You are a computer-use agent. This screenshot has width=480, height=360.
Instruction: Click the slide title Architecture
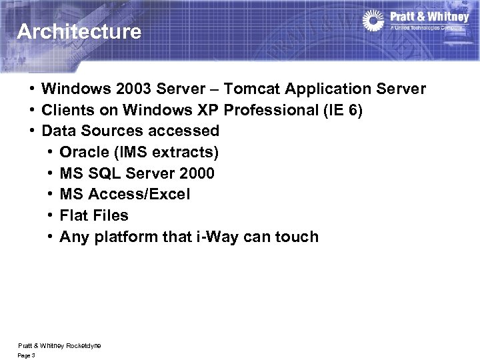tap(79, 31)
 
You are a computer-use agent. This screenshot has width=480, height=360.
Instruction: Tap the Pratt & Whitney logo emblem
tap(373, 20)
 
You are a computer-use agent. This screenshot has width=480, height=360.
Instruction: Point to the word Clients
tap(67, 110)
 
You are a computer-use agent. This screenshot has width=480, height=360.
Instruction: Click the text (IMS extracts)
tap(167, 152)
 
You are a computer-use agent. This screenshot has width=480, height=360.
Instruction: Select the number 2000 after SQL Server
tap(197, 173)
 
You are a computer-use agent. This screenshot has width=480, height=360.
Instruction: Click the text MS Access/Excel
tap(125, 194)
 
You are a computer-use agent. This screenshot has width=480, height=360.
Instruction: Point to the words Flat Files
tap(94, 215)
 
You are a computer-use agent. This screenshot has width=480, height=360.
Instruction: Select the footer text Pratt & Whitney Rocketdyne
tap(59, 345)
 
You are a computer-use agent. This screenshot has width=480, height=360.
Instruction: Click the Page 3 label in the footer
tap(27, 355)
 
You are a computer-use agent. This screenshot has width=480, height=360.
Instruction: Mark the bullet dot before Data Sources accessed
tap(31, 131)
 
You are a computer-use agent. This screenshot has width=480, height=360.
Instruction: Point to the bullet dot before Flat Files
tap(50, 215)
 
